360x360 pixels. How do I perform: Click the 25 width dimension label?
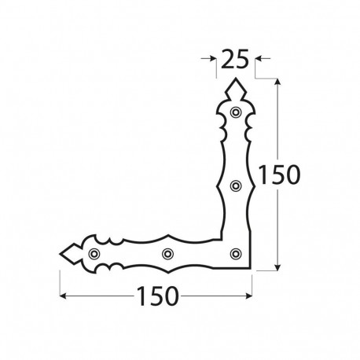tap(237, 58)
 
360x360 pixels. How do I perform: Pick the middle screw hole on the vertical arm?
tap(235, 186)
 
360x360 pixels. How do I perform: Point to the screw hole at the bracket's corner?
tap(235, 253)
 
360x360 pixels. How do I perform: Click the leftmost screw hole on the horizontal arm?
tap(94, 253)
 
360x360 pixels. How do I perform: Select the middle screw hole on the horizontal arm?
tap(166, 253)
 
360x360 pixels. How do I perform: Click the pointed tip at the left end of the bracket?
tap(60, 253)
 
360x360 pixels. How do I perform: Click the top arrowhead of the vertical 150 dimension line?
tap(278, 82)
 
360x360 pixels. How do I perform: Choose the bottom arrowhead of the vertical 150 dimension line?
tap(278, 266)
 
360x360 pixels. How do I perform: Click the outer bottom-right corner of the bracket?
tap(252, 270)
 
